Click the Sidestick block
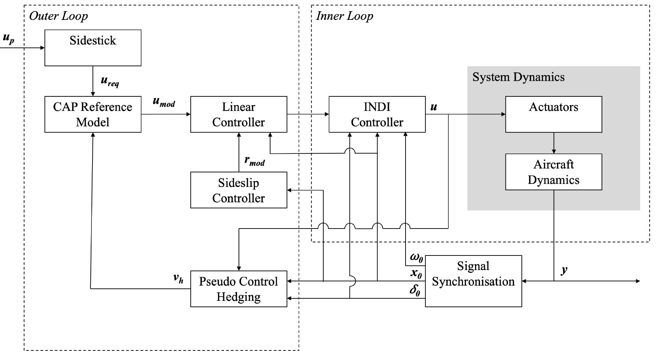(x=93, y=48)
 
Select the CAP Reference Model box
(x=93, y=114)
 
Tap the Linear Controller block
(x=239, y=114)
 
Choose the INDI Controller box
(x=377, y=114)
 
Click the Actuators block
(x=553, y=114)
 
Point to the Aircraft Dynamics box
(x=553, y=172)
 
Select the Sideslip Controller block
(x=239, y=190)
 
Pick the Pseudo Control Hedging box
(x=239, y=289)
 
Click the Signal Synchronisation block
(x=473, y=281)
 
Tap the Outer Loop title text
(x=58, y=16)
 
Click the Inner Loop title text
(x=345, y=16)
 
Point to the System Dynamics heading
(x=518, y=77)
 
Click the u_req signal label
(x=110, y=81)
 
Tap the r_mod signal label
(x=255, y=161)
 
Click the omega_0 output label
(x=417, y=257)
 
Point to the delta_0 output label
(x=415, y=290)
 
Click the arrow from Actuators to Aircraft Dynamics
(x=554, y=143)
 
